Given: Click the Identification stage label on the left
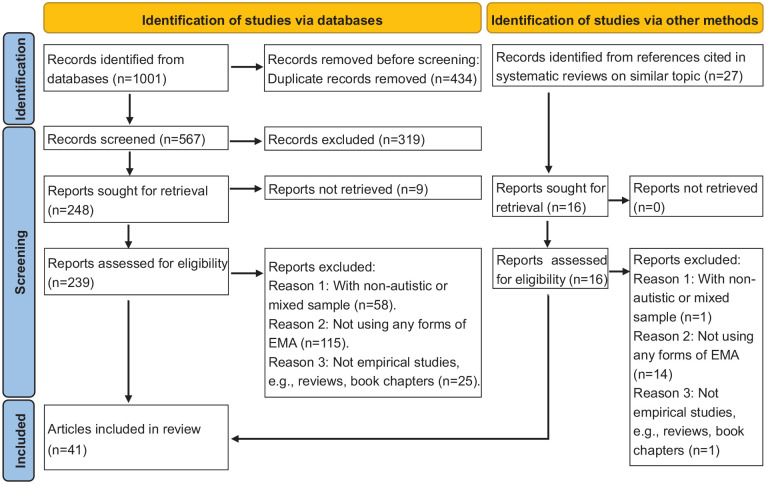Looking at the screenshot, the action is [x=19, y=79].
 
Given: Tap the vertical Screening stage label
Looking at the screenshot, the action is [x=19, y=262].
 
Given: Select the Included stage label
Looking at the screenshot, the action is [x=19, y=441].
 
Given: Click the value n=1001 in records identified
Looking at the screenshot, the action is [x=140, y=79].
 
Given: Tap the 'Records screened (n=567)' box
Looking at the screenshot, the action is [x=136, y=138].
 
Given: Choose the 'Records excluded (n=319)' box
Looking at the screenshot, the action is [x=373, y=139].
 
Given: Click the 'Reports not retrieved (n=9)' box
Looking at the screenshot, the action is [x=373, y=188].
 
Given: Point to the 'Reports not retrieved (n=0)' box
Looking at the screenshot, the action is [x=696, y=196].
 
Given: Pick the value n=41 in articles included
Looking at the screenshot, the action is [x=67, y=449].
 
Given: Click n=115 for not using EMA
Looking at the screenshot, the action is [x=323, y=343].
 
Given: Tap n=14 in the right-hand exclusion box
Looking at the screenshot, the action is [x=653, y=374].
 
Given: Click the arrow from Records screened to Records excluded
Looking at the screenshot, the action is [x=246, y=141].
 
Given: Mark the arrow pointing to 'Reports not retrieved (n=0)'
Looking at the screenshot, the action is [x=618, y=200].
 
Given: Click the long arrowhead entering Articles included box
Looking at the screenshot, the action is [x=235, y=439].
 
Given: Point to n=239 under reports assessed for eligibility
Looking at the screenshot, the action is [x=71, y=282].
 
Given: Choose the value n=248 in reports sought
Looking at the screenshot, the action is [x=71, y=210].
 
